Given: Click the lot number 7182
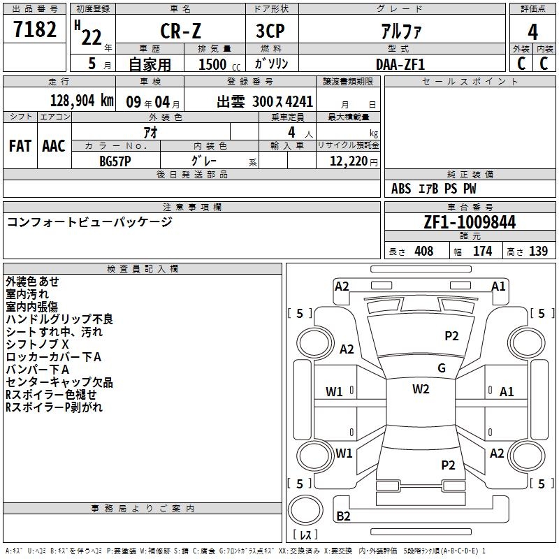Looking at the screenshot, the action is point(35,29).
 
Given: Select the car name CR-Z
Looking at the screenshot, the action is point(180,31).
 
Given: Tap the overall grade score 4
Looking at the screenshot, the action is point(532,32).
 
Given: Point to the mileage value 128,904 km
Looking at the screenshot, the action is point(82,101).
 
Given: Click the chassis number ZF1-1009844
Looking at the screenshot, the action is point(470,222).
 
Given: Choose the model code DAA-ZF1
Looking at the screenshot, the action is point(400,64).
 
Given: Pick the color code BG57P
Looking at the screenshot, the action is point(115,161).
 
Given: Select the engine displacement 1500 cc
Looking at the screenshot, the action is point(219,64).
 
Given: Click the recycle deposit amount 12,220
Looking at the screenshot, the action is point(349,161).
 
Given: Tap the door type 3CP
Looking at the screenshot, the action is point(270,31).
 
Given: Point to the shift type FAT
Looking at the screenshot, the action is point(20,146).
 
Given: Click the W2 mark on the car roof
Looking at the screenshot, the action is point(421,389).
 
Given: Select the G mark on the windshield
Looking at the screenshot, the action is point(442,368).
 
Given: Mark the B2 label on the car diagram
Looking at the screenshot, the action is point(343,516).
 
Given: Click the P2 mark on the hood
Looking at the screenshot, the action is point(451,336).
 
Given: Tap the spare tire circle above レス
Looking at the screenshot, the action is point(305,510).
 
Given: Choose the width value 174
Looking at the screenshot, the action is point(482,251).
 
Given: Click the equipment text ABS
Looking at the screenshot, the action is point(401,189).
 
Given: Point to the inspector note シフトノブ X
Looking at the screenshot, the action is point(37,344).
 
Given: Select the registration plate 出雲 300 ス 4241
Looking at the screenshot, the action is point(265,102).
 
